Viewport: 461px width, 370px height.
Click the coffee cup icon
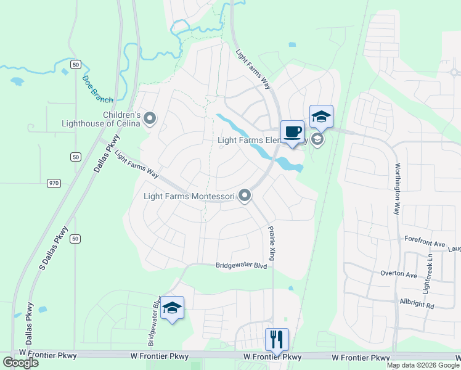click(x=293, y=131)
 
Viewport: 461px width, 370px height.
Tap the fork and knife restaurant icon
click(x=277, y=339)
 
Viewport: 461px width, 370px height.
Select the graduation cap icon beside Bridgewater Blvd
click(x=172, y=308)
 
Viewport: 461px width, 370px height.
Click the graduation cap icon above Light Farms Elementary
click(x=321, y=116)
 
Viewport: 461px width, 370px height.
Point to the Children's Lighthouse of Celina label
click(x=102, y=119)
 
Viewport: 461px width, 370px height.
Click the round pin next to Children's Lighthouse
click(x=150, y=119)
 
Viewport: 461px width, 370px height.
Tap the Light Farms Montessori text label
click(x=190, y=197)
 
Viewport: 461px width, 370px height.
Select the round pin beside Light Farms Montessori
click(x=245, y=196)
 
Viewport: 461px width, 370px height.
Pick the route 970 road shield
click(x=54, y=183)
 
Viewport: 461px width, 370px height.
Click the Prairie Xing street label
click(x=271, y=242)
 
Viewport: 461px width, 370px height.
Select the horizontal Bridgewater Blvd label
click(x=241, y=266)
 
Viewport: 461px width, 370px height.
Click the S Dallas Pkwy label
click(x=53, y=247)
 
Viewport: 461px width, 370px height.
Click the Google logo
click(x=20, y=363)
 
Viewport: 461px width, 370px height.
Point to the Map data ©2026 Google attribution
click(x=422, y=365)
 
